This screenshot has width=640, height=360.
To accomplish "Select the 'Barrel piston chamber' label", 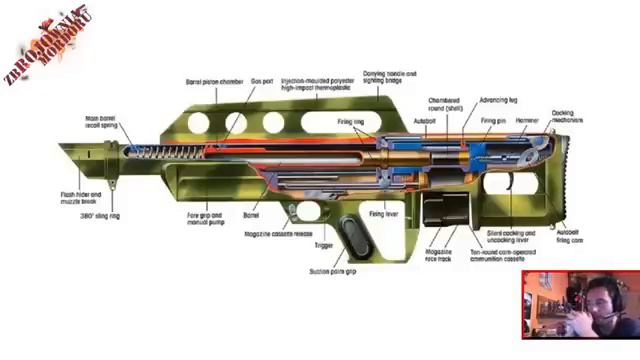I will (215, 81).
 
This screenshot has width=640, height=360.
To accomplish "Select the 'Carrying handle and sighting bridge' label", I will (391, 77).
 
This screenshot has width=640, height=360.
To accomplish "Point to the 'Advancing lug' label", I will (499, 100).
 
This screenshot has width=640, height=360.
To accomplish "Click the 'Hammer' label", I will (527, 121).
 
